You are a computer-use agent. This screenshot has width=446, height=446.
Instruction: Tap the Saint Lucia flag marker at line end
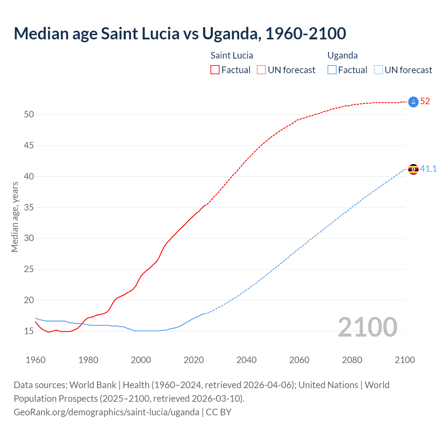click(x=413, y=102)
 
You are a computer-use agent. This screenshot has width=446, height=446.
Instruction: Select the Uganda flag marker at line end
click(x=413, y=169)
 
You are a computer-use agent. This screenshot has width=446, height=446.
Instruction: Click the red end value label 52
click(x=425, y=101)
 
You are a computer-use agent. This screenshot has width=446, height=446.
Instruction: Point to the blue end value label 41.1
click(x=428, y=169)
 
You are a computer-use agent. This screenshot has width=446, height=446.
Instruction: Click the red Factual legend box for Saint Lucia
click(x=215, y=70)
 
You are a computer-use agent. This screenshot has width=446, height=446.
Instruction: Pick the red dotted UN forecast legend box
click(x=261, y=70)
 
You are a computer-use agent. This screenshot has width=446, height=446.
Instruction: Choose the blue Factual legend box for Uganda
click(x=332, y=70)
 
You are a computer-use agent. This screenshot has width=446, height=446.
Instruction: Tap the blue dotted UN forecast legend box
click(x=378, y=70)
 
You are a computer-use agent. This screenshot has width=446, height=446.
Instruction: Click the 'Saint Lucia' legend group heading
click(x=232, y=56)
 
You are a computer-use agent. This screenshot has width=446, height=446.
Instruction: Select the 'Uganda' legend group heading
click(x=343, y=56)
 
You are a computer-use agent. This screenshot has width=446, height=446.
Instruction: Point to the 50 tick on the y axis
click(x=29, y=115)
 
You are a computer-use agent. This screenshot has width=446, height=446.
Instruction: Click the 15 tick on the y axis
click(x=29, y=331)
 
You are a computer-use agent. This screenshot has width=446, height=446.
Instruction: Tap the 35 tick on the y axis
click(x=29, y=207)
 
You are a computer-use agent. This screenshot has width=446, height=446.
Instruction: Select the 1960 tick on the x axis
click(x=36, y=360)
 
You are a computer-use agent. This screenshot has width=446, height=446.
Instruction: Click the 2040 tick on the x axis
click(x=246, y=360)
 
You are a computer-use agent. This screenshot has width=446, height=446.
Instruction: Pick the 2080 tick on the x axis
click(x=352, y=360)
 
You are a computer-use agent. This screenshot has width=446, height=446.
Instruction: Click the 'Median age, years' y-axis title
click(x=15, y=217)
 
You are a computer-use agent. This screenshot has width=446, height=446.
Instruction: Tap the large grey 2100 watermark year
click(x=367, y=327)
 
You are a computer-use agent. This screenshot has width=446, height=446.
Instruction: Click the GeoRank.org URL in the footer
click(x=106, y=412)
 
